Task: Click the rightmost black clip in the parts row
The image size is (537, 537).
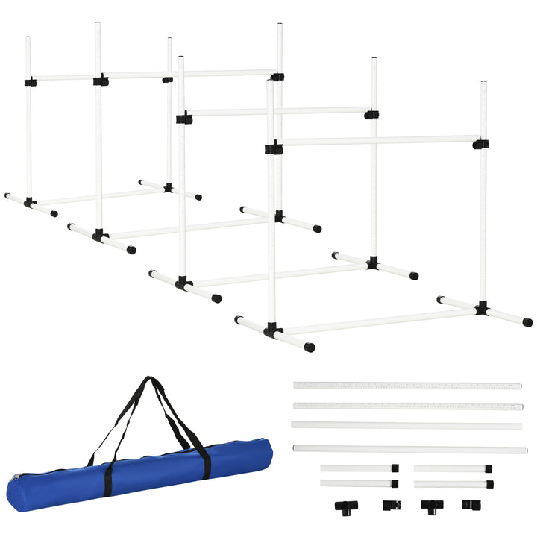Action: coord(468,505)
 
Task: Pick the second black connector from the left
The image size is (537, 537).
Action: coord(390,506)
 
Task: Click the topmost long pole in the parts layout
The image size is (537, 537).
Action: coord(406,386)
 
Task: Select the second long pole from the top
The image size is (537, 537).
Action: coord(406,406)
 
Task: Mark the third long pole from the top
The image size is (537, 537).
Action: coord(406,425)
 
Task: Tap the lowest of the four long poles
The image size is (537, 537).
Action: coord(409,449)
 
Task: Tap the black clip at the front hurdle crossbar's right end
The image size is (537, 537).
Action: coord(480,143)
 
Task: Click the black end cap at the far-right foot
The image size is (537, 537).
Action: coord(527,323)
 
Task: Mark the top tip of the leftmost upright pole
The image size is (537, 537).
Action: coord(28,38)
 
